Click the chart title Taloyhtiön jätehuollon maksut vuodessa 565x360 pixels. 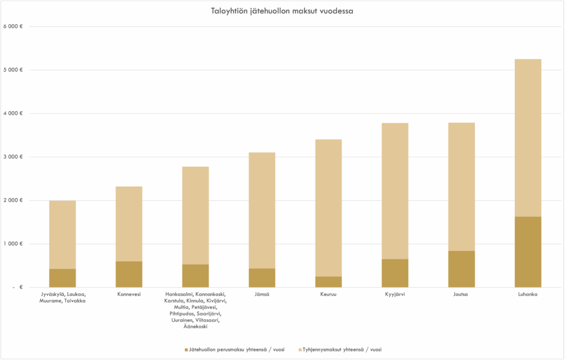pos(282,11)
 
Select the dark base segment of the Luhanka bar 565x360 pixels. pos(527,252)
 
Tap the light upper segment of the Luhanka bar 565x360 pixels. pos(527,137)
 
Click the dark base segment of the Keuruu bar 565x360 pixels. pos(328,282)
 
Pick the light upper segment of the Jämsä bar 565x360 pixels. pos(262,210)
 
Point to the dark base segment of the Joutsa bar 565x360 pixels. pos(461,269)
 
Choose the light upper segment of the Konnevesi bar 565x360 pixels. pos(129,224)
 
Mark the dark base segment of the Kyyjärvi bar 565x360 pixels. pos(395,273)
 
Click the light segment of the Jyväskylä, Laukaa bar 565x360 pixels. pos(62,235)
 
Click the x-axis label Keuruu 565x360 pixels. pos(328,294)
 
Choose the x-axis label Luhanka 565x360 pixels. pos(527,294)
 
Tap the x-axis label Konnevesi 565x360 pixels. pos(129,294)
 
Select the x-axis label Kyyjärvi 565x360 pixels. pos(395,294)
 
